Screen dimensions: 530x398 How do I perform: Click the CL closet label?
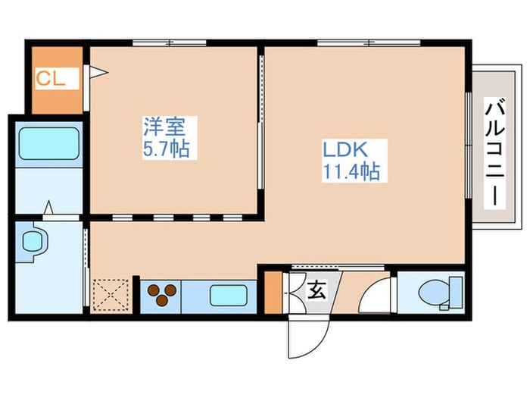click(x=51, y=79)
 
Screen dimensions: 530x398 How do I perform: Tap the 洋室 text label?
click(x=164, y=127)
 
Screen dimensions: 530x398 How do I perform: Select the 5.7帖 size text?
click(x=166, y=149)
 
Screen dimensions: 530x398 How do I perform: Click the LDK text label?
click(x=345, y=150)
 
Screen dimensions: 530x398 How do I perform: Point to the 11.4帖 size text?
click(x=351, y=171)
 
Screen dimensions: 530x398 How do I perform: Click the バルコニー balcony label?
click(x=495, y=152)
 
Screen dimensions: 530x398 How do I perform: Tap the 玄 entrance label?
click(x=316, y=290)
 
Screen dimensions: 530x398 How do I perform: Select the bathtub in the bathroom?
click(x=49, y=143)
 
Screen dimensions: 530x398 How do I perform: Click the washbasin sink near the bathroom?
click(x=33, y=241)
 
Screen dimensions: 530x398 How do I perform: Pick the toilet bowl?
click(x=440, y=293)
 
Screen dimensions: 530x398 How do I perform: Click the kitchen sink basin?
click(x=229, y=295)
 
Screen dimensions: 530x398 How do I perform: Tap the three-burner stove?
click(x=162, y=295)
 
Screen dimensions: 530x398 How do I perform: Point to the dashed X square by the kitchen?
click(x=111, y=295)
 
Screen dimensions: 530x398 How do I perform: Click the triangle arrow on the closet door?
click(x=98, y=72)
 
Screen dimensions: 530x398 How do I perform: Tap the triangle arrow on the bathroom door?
click(x=48, y=208)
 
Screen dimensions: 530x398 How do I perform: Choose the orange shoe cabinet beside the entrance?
click(x=273, y=292)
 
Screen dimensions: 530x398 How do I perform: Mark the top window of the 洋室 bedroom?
click(x=170, y=43)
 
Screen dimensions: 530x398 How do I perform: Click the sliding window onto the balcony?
click(x=469, y=146)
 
